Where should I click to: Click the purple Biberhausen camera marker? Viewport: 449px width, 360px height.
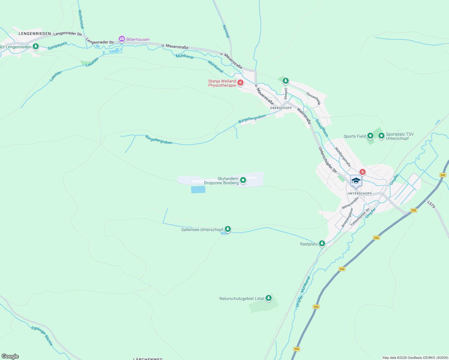click(x=122, y=39)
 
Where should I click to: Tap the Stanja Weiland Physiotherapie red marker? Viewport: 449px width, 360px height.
click(x=240, y=82)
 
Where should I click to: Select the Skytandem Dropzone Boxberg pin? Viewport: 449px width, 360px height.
click(x=243, y=180)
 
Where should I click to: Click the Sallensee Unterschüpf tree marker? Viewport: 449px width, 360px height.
click(x=228, y=229)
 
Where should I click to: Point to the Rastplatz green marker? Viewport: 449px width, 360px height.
click(x=322, y=243)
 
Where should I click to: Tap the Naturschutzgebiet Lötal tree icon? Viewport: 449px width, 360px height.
click(x=269, y=298)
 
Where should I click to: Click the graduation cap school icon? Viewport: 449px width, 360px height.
click(x=356, y=181)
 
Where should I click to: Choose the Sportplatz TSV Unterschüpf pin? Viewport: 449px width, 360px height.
click(x=381, y=136)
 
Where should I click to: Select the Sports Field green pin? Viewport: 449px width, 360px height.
click(x=370, y=136)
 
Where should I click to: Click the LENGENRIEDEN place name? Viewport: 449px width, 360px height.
click(x=35, y=34)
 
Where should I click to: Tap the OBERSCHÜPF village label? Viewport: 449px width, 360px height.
click(x=281, y=108)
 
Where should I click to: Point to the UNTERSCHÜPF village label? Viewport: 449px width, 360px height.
click(x=360, y=193)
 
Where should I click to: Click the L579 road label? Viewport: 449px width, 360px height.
click(x=431, y=205)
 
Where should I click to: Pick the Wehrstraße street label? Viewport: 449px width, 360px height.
click(x=304, y=116)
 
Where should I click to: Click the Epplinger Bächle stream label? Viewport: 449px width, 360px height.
click(x=42, y=336)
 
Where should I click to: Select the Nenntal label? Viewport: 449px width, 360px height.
click(x=226, y=31)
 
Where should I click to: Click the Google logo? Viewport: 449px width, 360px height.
click(x=10, y=356)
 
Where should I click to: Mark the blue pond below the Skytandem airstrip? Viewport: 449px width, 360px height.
click(x=198, y=189)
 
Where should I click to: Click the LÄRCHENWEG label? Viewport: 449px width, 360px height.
click(x=148, y=359)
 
